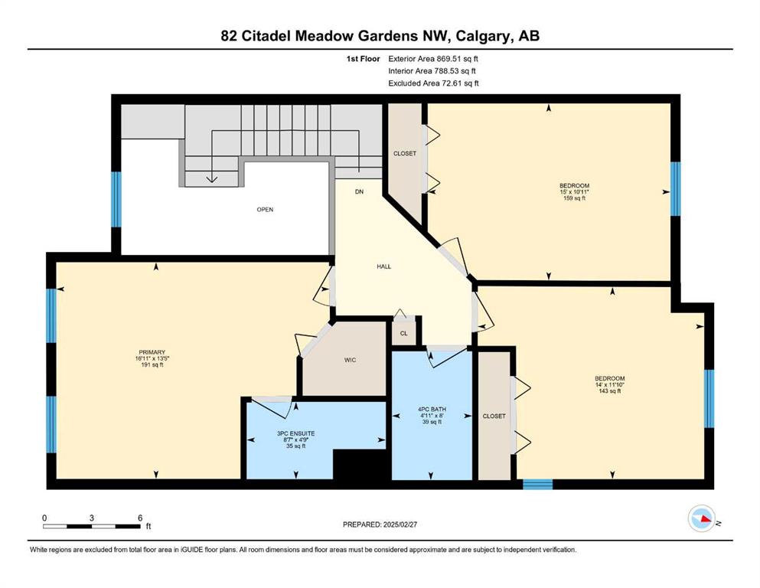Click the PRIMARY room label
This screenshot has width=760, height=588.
tap(152, 352)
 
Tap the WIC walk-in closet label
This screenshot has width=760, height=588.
tap(350, 360)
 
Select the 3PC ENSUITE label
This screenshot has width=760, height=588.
tap(295, 433)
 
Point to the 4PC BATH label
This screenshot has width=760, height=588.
tap(432, 409)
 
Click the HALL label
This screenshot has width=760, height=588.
tap(384, 266)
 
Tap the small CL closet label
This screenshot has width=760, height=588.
tap(404, 334)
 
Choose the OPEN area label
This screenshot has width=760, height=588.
tap(265, 210)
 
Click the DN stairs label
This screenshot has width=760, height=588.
tap(359, 191)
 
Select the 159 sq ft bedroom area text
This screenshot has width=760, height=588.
tap(574, 198)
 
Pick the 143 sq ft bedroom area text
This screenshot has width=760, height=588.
tap(610, 390)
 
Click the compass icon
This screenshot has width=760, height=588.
tap(701, 518)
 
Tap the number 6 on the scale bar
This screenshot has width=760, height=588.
tap(140, 518)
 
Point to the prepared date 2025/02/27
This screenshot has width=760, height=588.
tap(400, 524)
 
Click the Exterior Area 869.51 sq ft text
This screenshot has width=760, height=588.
tap(433, 59)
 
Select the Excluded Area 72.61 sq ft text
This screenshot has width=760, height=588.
tap(433, 83)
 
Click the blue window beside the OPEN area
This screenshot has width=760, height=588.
tap(116, 199)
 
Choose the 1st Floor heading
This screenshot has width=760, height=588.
tap(363, 59)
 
